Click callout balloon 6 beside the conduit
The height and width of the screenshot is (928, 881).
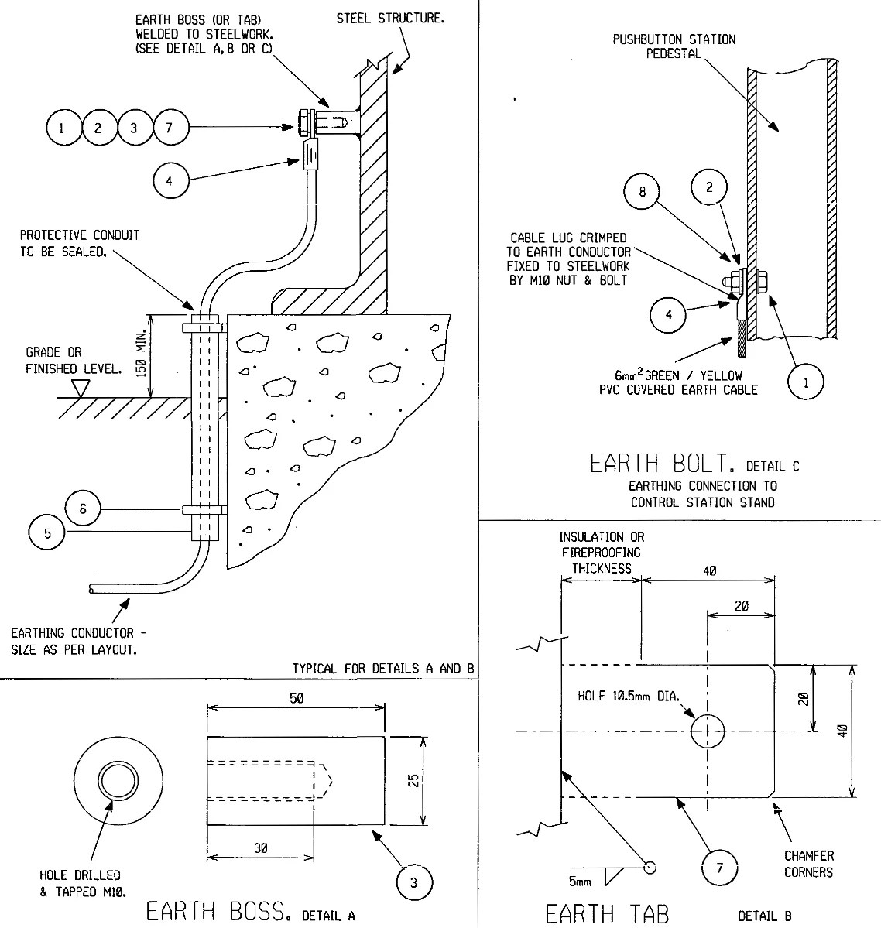84,509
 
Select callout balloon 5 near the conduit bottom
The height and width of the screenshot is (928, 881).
46,533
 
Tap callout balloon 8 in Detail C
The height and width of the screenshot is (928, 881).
643,191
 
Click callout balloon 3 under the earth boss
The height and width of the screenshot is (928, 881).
413,882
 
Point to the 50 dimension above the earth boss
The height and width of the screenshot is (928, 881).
296,697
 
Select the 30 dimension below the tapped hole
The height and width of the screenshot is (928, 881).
260,848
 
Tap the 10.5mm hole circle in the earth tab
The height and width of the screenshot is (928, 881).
708,731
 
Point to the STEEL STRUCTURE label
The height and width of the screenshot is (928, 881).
390,18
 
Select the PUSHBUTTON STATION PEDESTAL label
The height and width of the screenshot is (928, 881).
674,46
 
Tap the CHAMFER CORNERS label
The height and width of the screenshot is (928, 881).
808,864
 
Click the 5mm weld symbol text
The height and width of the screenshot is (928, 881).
579,882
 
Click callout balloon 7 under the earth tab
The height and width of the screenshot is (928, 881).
719,868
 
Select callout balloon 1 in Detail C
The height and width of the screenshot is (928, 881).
806,382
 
